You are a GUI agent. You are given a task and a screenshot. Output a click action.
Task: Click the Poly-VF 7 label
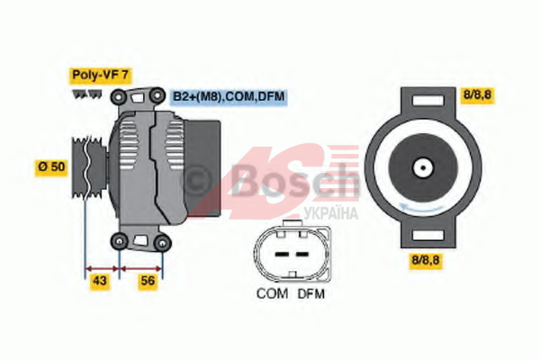click(x=101, y=75)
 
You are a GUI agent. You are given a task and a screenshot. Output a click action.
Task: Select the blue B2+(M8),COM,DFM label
click(x=229, y=96)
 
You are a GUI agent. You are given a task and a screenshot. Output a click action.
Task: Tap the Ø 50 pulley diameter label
click(x=51, y=167)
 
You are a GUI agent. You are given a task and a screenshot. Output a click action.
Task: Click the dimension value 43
click(x=100, y=281)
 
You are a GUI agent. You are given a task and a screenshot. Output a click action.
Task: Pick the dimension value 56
click(x=148, y=281)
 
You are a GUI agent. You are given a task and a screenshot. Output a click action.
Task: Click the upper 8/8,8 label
click(x=477, y=94)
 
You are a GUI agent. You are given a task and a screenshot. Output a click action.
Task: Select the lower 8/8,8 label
click(x=426, y=260)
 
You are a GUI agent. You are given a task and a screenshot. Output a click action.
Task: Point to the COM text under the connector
click(x=272, y=293)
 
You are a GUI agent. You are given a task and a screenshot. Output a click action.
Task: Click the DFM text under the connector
click(x=311, y=293)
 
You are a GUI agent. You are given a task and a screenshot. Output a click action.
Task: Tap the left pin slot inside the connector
click(x=282, y=254)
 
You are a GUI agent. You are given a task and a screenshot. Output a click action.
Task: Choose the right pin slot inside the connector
click(x=302, y=254)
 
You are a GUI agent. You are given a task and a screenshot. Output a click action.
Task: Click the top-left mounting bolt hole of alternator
click(x=118, y=97)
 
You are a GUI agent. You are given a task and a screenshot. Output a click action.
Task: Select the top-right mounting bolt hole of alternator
click(x=157, y=94)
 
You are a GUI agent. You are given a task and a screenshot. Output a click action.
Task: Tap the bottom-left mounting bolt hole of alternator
click(x=120, y=240)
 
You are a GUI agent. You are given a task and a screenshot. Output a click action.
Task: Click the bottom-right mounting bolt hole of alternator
click(x=162, y=243)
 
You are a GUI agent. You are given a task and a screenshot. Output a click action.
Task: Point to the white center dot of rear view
click(x=423, y=167)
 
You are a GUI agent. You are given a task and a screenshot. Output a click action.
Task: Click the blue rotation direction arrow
click(x=421, y=208)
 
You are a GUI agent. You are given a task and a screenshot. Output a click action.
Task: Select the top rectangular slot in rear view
click(x=428, y=101)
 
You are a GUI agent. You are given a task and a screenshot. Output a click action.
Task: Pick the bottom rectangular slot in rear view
click(x=428, y=235)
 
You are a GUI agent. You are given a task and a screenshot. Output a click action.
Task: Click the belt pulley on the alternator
click(x=89, y=167)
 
